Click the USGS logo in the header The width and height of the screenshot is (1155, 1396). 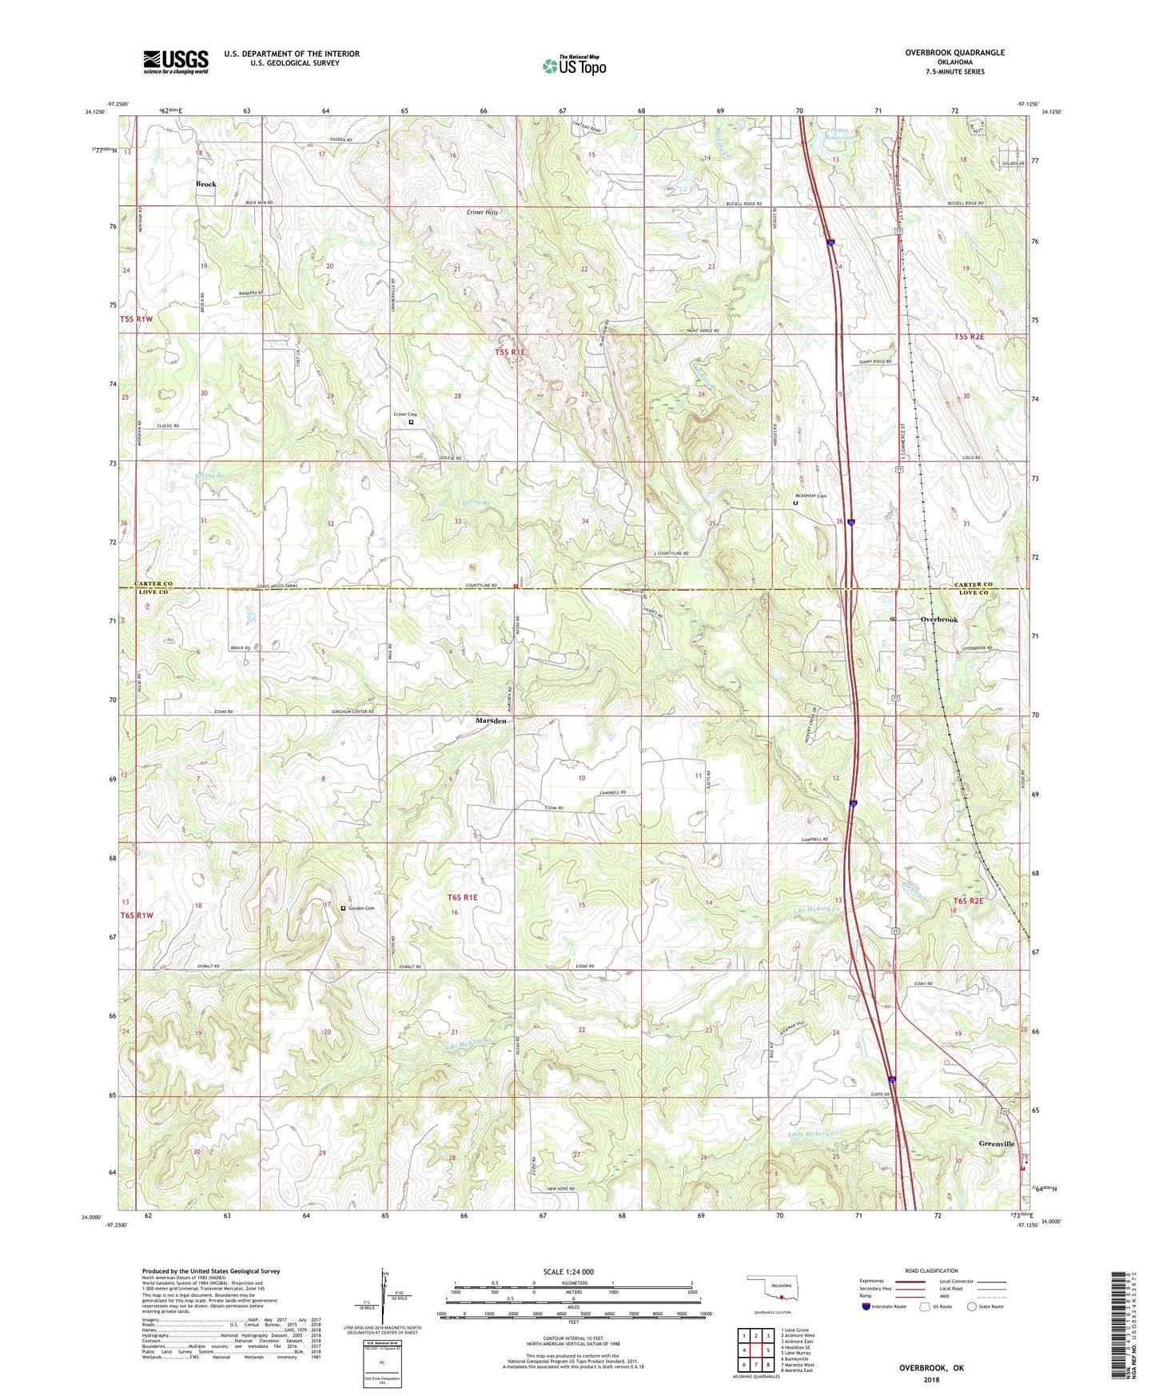click(x=176, y=62)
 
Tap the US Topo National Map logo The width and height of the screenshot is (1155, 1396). click(x=574, y=65)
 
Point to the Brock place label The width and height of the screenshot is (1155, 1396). click(x=206, y=184)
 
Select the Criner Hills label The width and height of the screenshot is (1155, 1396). click(x=482, y=213)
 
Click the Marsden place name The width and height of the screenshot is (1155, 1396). click(x=491, y=720)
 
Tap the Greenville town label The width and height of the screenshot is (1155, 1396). click(x=996, y=1144)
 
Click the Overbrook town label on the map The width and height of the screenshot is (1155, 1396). click(x=938, y=620)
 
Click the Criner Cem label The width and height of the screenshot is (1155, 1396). click(x=405, y=414)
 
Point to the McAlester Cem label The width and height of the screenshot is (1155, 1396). click(x=810, y=496)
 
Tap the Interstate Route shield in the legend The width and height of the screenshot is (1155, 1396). click(x=866, y=1306)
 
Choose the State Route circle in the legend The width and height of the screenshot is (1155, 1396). click(x=972, y=1306)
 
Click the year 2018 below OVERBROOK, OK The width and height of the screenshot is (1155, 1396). click(x=931, y=1380)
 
